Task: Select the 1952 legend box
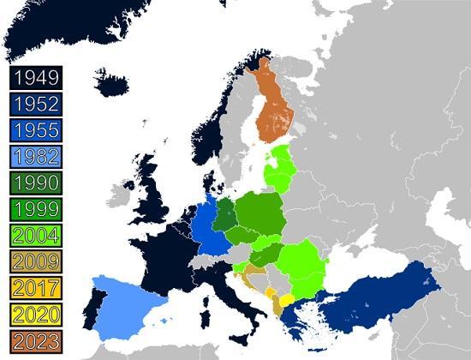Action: pos(36,105)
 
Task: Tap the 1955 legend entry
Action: pos(36,130)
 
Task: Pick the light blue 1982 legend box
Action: pos(36,157)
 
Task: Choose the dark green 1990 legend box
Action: pos(36,183)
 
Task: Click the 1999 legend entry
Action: pos(36,209)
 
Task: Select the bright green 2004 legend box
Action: pos(36,236)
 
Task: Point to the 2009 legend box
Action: pos(36,261)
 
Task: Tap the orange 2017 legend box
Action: pos(36,288)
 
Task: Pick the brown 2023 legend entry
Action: pos(36,340)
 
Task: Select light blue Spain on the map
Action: pos(128,304)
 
